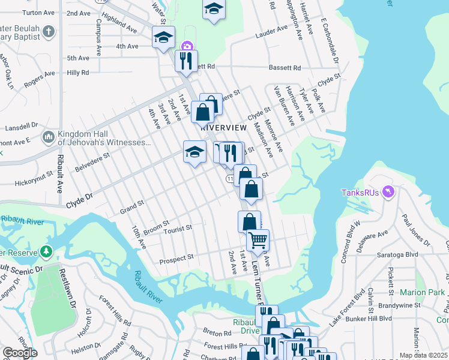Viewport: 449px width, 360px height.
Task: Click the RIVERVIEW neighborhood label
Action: click(x=223, y=128)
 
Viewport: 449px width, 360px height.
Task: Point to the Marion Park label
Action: click(x=424, y=293)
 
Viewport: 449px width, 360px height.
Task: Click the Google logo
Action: click(x=20, y=353)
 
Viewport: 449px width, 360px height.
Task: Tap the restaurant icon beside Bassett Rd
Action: click(x=186, y=61)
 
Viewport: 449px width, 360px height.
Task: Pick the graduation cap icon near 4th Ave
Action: click(x=163, y=38)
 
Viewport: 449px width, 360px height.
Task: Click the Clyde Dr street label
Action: click(x=80, y=197)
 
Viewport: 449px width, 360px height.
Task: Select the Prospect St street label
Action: click(x=176, y=257)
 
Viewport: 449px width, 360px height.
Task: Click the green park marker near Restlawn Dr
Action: click(x=46, y=251)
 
